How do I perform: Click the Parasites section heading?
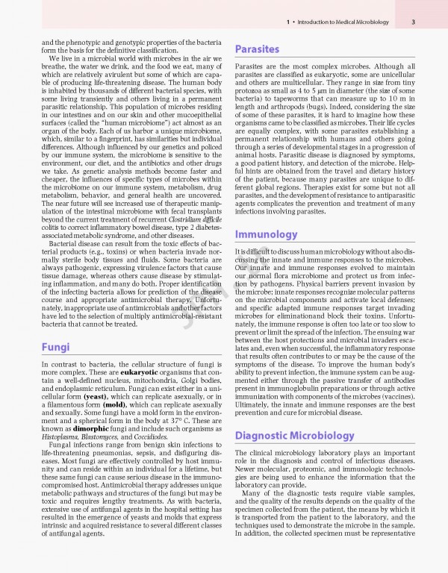[x=258, y=49]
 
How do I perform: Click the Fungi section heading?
[x=55, y=347]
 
